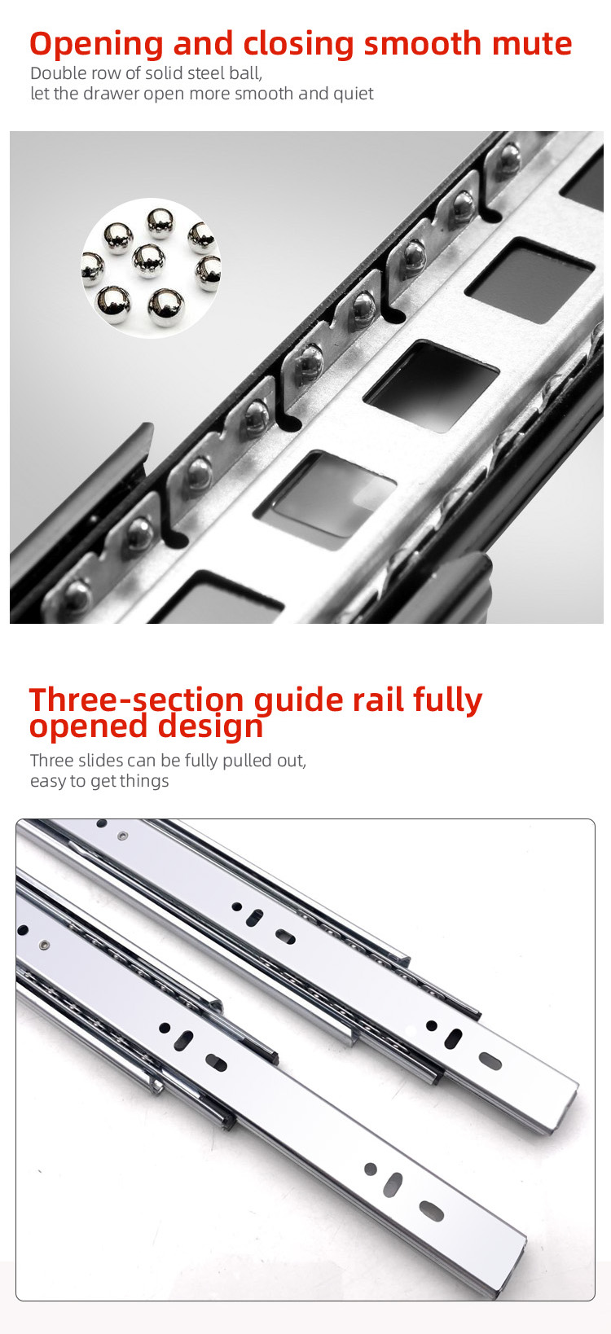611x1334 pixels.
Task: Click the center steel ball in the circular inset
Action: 149,261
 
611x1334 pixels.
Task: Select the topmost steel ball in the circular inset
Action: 160,222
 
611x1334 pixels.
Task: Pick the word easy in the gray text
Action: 48,781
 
